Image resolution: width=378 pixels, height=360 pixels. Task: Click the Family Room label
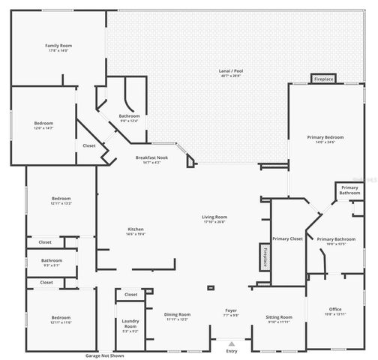click(x=58, y=46)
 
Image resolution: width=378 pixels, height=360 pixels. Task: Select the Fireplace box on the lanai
click(x=324, y=78)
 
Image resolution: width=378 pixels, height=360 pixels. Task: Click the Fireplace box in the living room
click(x=264, y=256)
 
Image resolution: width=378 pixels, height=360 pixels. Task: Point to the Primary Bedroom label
click(x=325, y=138)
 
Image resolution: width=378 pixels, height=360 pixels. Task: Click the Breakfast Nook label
click(x=151, y=157)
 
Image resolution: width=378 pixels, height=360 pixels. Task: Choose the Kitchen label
click(x=136, y=229)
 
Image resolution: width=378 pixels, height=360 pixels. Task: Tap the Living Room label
click(x=214, y=217)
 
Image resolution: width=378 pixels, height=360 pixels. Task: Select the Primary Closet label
click(x=286, y=238)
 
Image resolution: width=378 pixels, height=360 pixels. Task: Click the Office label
click(x=334, y=309)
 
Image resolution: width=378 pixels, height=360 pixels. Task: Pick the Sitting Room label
click(x=279, y=317)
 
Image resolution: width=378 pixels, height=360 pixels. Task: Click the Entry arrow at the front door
click(x=231, y=344)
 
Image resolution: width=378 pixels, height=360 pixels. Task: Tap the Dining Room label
click(x=177, y=314)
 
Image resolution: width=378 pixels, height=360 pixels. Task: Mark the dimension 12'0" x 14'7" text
click(x=43, y=128)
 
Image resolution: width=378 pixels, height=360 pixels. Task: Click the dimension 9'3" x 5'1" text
click(x=52, y=265)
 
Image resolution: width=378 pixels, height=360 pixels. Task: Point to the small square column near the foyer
click(x=211, y=286)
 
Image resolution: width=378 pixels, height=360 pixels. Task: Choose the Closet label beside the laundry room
click(x=130, y=295)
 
